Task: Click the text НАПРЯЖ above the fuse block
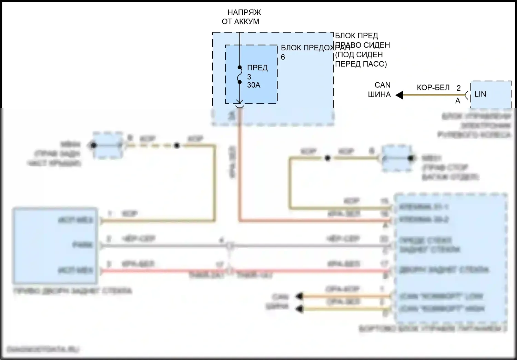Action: tap(244, 12)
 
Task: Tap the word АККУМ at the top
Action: tap(246, 22)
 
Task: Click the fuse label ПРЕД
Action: tap(257, 68)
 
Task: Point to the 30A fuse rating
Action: tap(254, 85)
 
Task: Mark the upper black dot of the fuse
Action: tap(240, 68)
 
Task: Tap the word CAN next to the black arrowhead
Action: tap(383, 85)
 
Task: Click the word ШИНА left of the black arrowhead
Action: tap(379, 94)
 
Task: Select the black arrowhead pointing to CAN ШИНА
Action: tap(399, 95)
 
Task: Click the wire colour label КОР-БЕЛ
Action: tap(433, 88)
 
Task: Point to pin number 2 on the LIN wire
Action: tap(458, 88)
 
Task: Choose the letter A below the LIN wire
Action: tap(458, 101)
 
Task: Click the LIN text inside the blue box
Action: tap(480, 94)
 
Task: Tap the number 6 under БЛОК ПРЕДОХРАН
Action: tap(283, 57)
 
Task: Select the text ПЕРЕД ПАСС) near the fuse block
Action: tap(361, 64)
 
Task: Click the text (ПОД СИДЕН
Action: tap(359, 54)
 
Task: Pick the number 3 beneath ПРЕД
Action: tap(249, 77)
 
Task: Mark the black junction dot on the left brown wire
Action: tap(177, 146)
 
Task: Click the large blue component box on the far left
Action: tap(55, 245)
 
